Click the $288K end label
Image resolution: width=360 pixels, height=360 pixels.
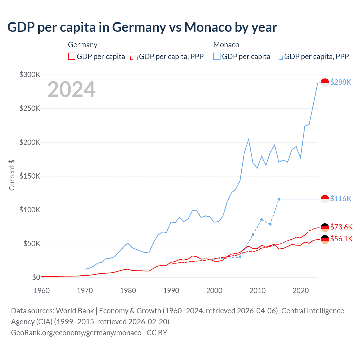[x=341, y=82]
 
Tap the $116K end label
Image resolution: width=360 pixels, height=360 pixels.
[x=341, y=199]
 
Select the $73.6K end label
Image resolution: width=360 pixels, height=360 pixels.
[x=341, y=227]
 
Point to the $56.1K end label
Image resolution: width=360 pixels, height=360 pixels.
[x=341, y=239]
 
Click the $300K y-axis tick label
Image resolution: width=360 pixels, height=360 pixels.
[x=30, y=75]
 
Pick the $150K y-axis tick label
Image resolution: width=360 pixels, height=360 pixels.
[x=30, y=176]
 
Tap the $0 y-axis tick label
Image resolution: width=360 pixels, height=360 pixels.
[x=36, y=277]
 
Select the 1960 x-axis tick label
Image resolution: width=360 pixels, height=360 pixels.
[x=42, y=290]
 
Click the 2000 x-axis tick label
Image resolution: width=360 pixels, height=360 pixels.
[x=214, y=290]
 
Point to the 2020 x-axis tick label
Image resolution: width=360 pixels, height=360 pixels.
[x=301, y=290]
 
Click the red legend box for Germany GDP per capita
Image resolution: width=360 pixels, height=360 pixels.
[x=72, y=57]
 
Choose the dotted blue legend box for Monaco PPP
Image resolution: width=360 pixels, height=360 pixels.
[x=279, y=57]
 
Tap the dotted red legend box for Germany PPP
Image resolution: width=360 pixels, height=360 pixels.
[x=134, y=57]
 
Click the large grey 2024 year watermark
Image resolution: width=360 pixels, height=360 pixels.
[x=71, y=89]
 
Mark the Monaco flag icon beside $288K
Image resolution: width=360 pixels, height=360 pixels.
[x=325, y=83]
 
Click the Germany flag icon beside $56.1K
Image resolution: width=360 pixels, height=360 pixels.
[x=325, y=239]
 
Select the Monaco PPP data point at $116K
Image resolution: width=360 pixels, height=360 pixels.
[x=279, y=199]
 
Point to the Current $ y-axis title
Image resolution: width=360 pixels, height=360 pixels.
[x=12, y=175]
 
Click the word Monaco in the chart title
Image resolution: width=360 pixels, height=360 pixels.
[x=208, y=27]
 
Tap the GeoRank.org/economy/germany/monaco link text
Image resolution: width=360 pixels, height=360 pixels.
[x=76, y=333]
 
